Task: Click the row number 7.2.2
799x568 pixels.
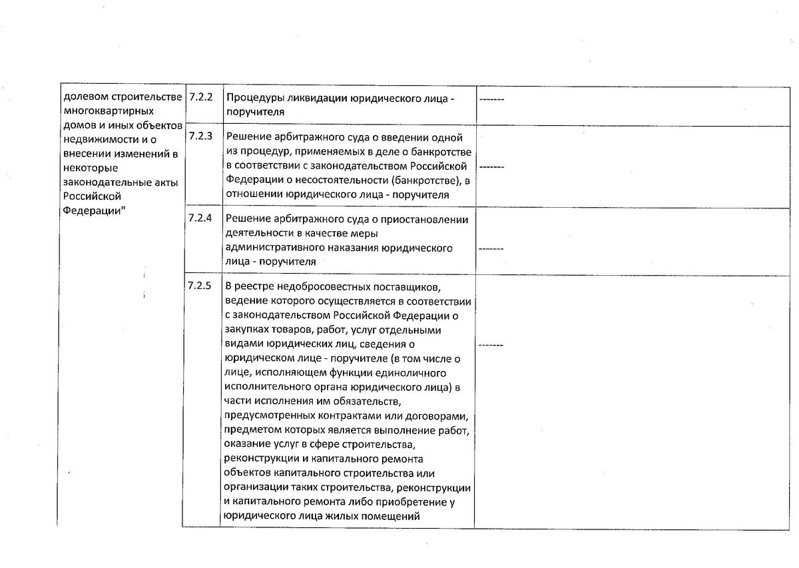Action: coord(200,97)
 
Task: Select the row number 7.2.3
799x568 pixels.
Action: coord(200,137)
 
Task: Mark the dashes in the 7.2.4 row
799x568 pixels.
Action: coord(491,248)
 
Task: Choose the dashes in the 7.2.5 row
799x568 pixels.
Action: coord(491,344)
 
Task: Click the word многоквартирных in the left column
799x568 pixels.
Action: coord(107,111)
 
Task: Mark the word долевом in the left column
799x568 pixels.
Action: coord(81,97)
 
